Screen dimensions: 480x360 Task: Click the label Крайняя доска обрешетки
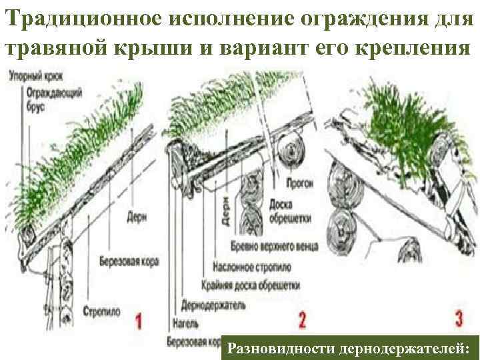pyautogui.click(x=251, y=285)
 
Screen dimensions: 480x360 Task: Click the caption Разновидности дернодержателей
pyautogui.click(x=349, y=348)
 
